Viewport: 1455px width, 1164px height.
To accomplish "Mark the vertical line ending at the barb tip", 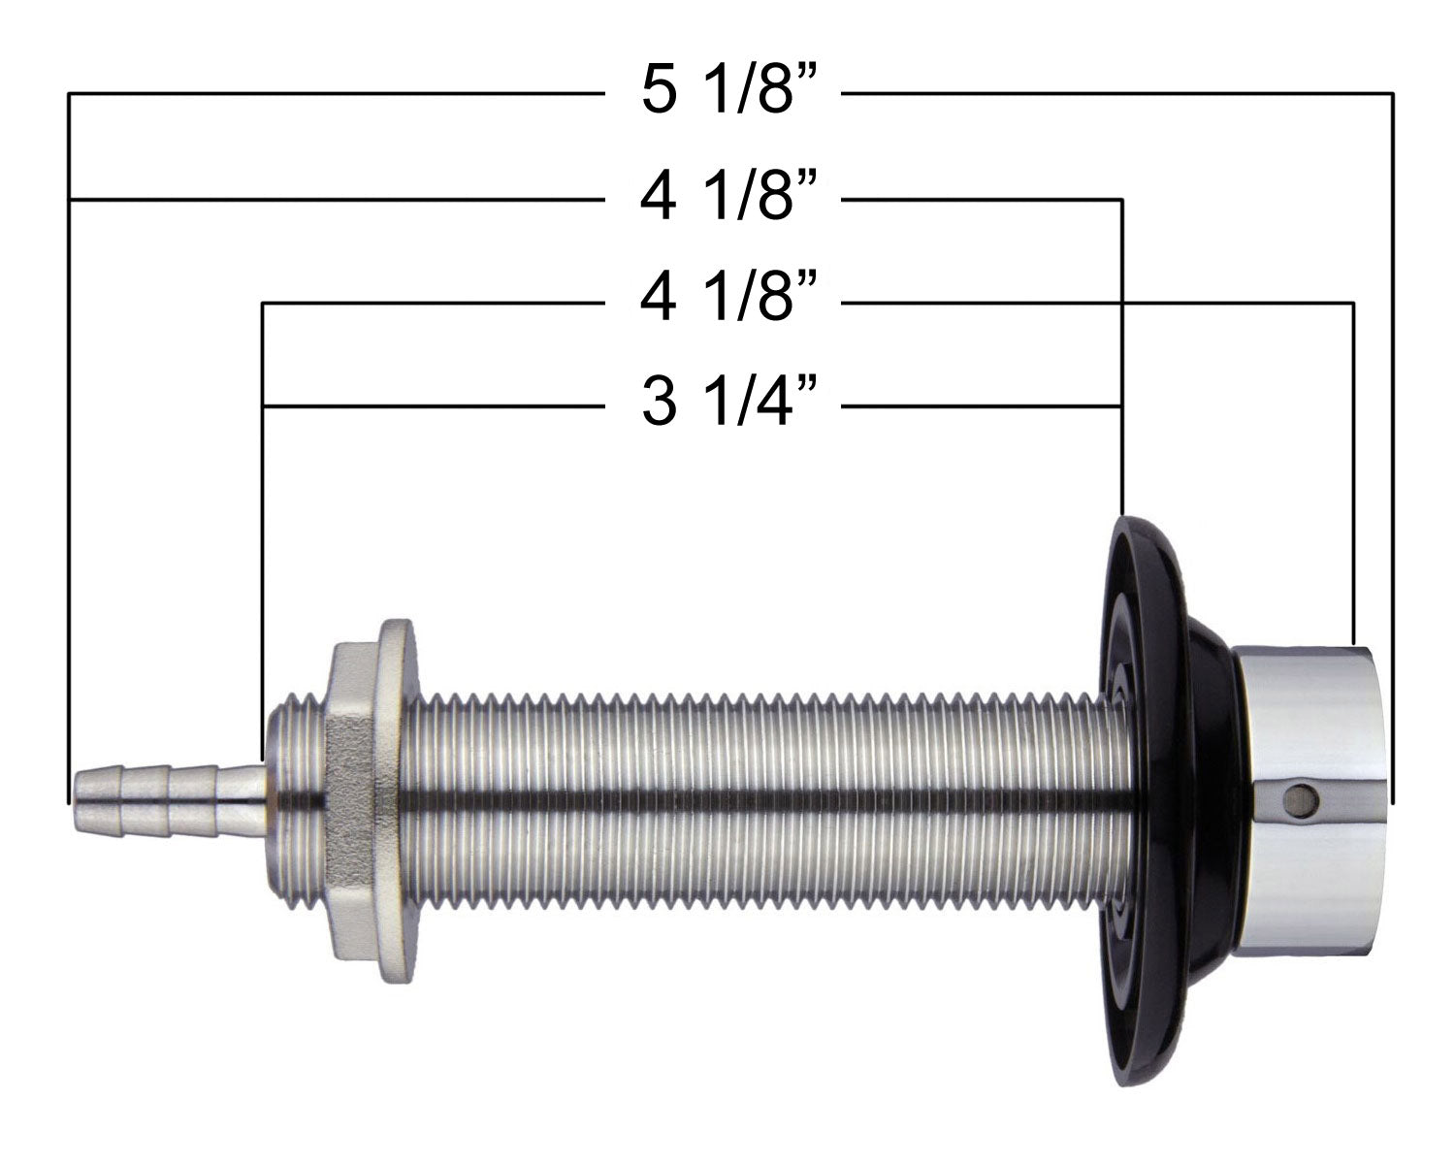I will (x=69, y=485).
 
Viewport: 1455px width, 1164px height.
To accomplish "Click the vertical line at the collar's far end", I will (x=1393, y=485).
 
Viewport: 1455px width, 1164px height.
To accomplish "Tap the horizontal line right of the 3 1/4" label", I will (x=980, y=404).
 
